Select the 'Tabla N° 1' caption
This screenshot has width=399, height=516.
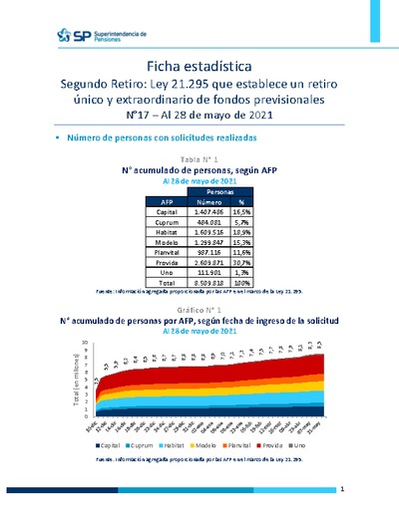pos(199,159)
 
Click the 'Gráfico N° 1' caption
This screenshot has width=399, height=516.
pos(199,311)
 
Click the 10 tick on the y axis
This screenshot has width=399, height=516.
pos(88,342)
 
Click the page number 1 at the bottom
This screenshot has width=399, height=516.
pos(342,490)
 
